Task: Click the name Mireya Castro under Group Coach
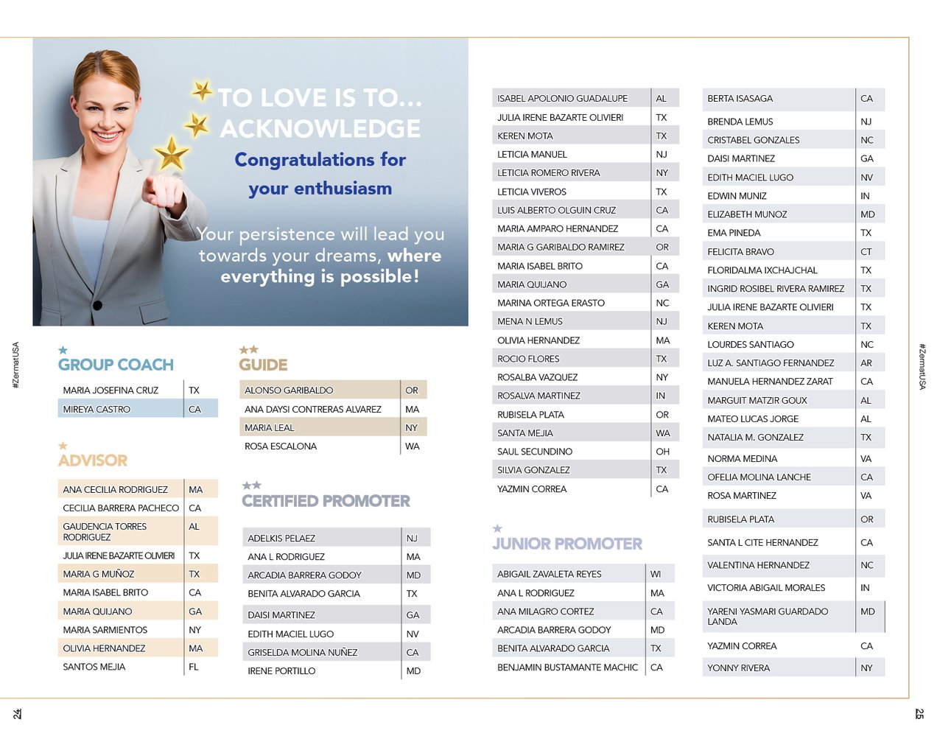[x=96, y=409]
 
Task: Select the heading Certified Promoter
[x=326, y=501]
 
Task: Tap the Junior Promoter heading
[x=567, y=544]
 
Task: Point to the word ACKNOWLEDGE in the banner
[x=320, y=128]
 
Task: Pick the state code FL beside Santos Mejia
[x=194, y=667]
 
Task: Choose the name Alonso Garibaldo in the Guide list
[x=289, y=390]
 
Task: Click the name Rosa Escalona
[x=281, y=446]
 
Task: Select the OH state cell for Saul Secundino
[x=662, y=452]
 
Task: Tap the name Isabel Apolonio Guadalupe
[x=562, y=98]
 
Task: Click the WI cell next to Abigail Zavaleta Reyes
[x=656, y=574]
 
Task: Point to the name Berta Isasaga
[x=740, y=98]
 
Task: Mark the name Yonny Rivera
[x=738, y=668]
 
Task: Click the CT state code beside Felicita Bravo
[x=866, y=251]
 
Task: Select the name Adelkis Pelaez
[x=281, y=539]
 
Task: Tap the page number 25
[x=919, y=713]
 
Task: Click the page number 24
[x=17, y=713]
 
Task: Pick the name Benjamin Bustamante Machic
[x=567, y=667]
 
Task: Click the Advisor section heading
[x=93, y=460]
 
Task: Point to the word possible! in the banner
[x=379, y=276]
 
